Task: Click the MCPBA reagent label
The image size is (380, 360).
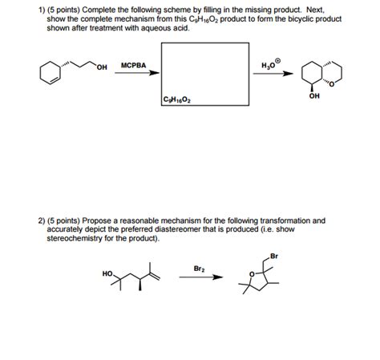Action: coord(132,64)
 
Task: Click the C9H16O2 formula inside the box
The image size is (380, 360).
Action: coord(176,101)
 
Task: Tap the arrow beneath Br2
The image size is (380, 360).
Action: coord(200,279)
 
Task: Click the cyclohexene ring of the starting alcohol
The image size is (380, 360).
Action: coord(52,74)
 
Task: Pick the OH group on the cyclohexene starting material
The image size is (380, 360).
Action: coord(101,66)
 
